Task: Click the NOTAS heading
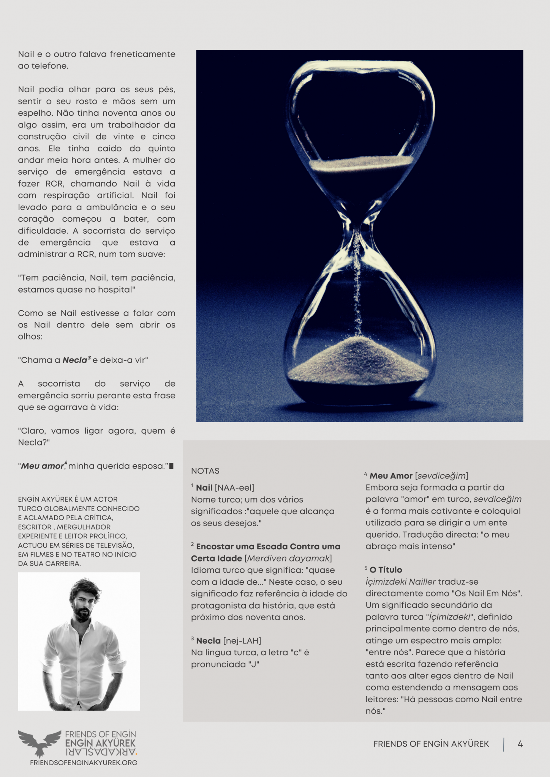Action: [x=205, y=471]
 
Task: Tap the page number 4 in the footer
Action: [x=520, y=744]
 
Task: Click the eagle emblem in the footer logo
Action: [x=40, y=742]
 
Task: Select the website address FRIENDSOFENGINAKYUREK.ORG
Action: [x=84, y=763]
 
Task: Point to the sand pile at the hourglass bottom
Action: [x=357, y=360]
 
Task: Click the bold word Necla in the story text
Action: [x=75, y=360]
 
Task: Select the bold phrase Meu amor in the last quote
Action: [x=42, y=466]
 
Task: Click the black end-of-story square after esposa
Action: [x=171, y=466]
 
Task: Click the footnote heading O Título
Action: [x=386, y=570]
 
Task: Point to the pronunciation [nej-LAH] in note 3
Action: [x=242, y=641]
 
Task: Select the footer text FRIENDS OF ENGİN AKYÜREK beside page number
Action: [x=431, y=744]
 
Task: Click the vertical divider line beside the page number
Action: [x=504, y=744]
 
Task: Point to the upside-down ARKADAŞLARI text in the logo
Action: [x=100, y=752]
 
